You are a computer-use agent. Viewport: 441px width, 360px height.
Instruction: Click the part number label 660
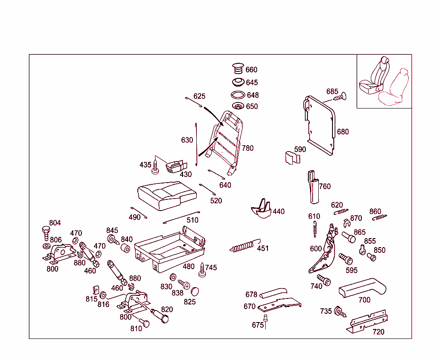pos(252,70)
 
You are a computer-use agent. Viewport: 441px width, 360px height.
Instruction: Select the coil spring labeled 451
pos(243,247)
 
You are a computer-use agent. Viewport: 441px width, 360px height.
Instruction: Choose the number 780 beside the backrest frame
pos(248,148)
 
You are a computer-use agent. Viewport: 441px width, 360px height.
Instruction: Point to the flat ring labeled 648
pos(238,95)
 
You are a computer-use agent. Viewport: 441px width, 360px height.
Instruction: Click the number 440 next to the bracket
pos(279,211)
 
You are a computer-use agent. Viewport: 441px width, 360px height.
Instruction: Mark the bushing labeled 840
pos(126,249)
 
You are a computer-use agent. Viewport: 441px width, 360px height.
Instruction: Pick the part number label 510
pos(193,220)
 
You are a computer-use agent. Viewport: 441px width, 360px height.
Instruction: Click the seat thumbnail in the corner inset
pos(384,81)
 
